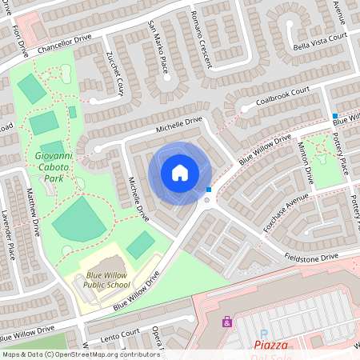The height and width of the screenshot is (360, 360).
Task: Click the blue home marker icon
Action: click(180, 172)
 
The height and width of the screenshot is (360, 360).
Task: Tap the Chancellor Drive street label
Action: click(62, 37)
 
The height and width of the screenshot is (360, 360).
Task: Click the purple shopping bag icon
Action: click(227, 322)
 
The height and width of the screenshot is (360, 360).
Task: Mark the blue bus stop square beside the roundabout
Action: click(209, 190)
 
